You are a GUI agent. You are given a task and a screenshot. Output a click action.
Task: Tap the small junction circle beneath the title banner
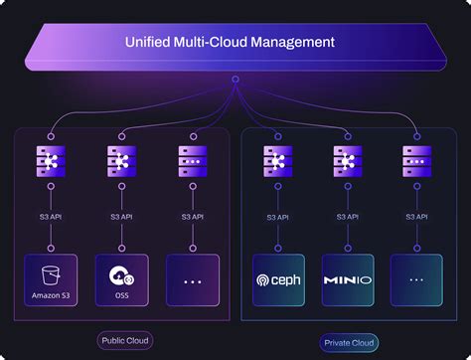(235, 80)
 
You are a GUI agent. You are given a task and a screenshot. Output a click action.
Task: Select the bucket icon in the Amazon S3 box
(51, 274)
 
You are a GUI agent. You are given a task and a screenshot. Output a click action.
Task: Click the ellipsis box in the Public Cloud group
(192, 280)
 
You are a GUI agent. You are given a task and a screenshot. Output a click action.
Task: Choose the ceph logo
(279, 280)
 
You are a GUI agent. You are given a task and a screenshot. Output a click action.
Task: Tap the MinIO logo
(349, 280)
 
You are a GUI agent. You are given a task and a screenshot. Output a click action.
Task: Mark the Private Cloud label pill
(348, 342)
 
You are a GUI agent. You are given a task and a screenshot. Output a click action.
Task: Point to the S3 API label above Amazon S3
(51, 215)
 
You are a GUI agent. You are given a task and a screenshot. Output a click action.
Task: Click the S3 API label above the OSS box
(122, 215)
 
